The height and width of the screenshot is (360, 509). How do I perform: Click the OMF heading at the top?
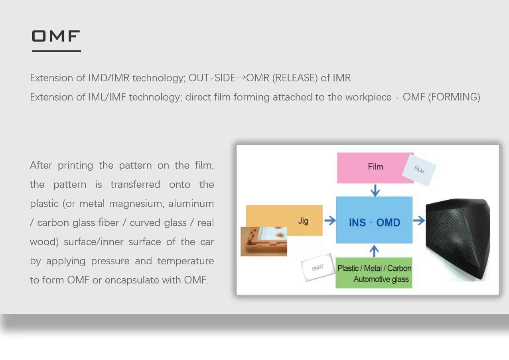coord(56,36)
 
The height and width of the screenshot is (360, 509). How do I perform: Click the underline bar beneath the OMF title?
coord(56,51)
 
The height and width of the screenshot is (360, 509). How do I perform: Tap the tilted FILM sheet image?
coord(419,170)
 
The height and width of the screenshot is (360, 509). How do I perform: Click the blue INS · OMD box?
coord(374,220)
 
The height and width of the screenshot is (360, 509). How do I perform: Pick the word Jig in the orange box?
coord(303,221)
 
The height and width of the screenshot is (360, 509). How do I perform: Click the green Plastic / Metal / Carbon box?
coord(374,273)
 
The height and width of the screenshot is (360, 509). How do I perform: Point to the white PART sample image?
coord(318,268)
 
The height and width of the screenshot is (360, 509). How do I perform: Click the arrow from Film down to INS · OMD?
coord(375,190)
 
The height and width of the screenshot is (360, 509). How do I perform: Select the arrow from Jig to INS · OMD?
coord(330,220)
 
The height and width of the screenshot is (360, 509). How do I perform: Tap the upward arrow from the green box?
coord(374,251)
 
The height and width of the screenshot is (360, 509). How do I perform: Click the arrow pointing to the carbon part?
coord(419,220)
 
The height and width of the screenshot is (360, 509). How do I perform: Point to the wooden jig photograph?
coord(264,242)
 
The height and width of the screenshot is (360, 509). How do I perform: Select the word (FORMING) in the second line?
coord(454,97)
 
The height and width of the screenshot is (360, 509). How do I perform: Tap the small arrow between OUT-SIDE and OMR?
coord(241,77)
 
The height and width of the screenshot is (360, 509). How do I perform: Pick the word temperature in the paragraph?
coord(185,261)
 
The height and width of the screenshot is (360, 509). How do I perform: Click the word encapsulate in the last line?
coord(132,280)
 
